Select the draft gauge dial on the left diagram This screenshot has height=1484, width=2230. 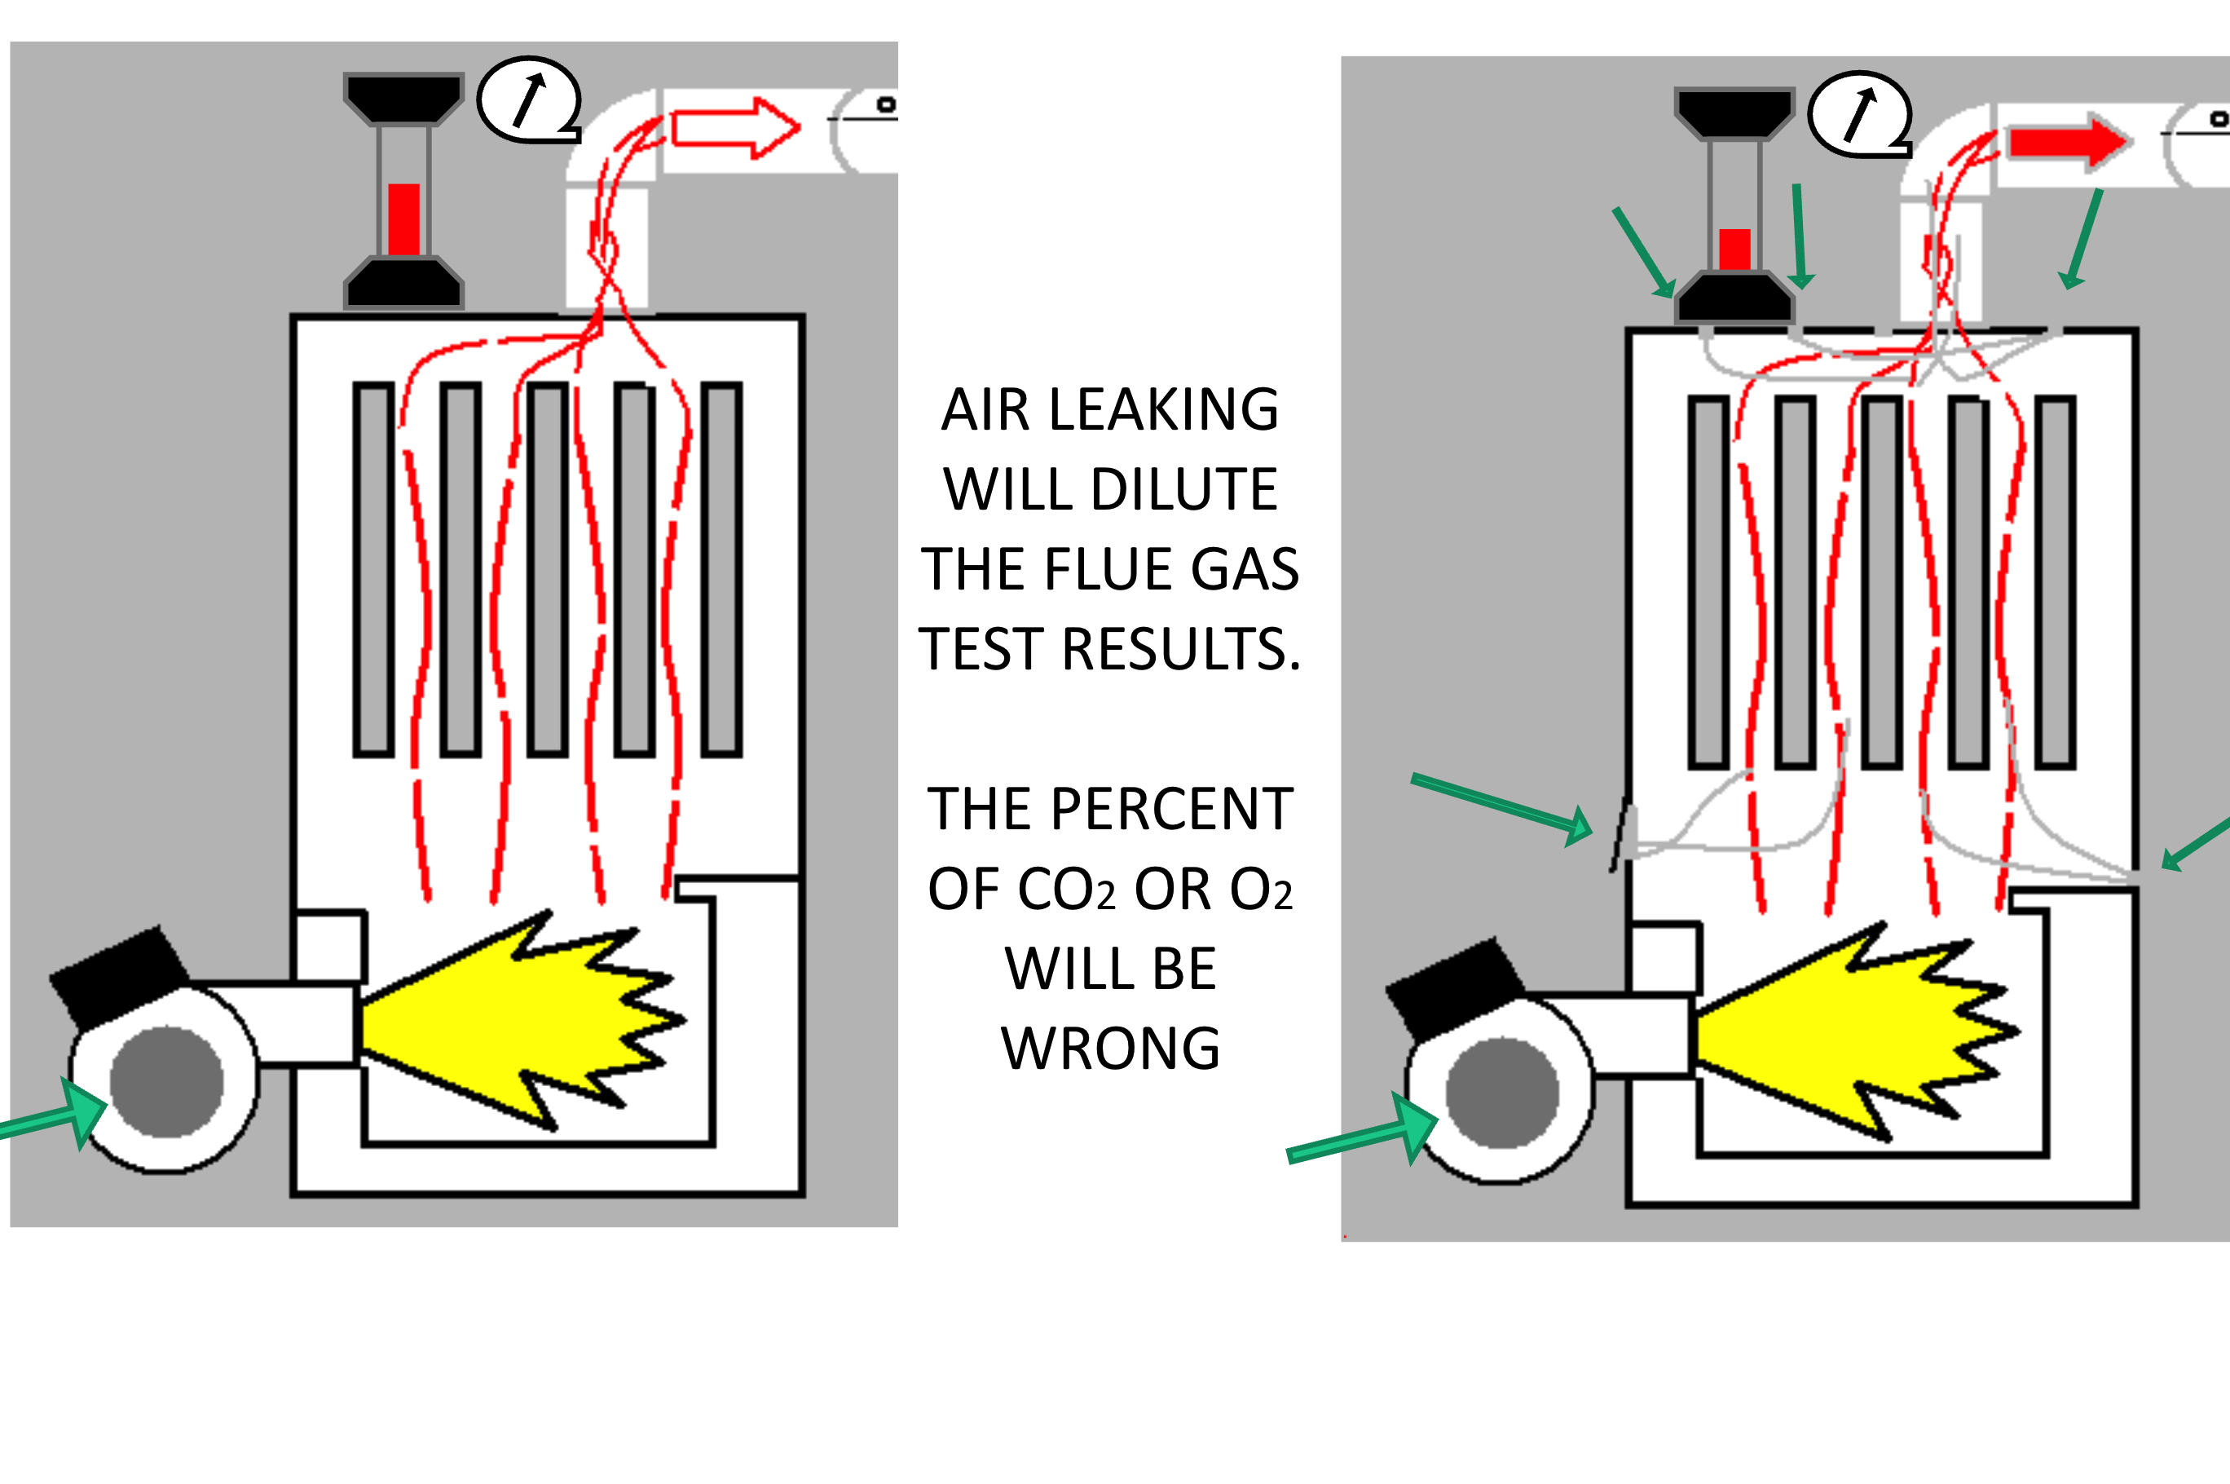(528, 99)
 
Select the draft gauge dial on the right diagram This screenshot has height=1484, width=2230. (1859, 113)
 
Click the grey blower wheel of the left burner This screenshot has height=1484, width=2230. (166, 1081)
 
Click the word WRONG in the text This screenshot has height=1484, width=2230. (1111, 1049)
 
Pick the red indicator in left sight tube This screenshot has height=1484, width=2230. (404, 219)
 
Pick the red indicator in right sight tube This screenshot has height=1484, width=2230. (1734, 249)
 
